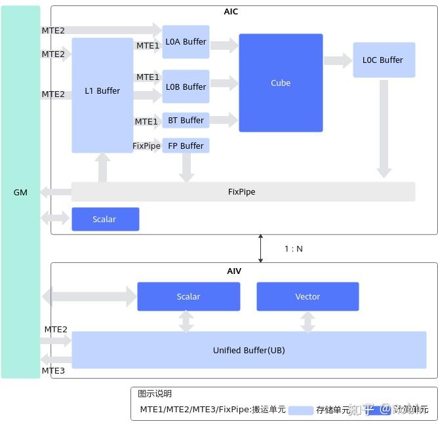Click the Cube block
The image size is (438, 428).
[x=281, y=83]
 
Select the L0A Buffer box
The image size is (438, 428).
[x=186, y=42]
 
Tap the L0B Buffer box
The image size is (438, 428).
[x=186, y=87]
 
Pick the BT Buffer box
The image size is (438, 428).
[x=186, y=121]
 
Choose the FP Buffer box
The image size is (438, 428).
[x=186, y=146]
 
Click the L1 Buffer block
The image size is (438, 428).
[x=102, y=91]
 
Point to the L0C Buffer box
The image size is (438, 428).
[x=384, y=60]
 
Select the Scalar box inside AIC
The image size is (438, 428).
[x=105, y=219]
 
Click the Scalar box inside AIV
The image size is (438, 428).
[x=188, y=296]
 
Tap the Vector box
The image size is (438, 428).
[x=308, y=296]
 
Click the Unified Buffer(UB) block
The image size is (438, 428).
[x=249, y=350]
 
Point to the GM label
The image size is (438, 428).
[x=20, y=192]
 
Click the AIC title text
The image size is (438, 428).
[x=231, y=12]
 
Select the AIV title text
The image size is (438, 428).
[x=234, y=271]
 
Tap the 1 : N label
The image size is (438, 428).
[x=293, y=248]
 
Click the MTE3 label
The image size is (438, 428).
[x=54, y=371]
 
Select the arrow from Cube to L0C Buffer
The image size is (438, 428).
[x=338, y=60]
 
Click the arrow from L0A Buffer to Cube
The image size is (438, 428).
[x=224, y=45]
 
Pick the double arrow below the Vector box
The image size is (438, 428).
[x=308, y=321]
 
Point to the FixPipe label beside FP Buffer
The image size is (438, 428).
[x=147, y=146]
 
